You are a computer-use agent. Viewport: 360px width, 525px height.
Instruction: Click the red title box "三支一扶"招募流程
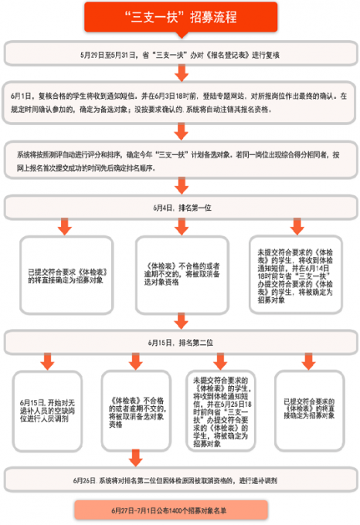pyautogui.click(x=180, y=16)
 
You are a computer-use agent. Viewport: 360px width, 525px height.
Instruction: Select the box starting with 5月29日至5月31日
pyautogui.click(x=180, y=54)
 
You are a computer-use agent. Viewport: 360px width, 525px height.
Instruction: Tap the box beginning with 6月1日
pyautogui.click(x=180, y=103)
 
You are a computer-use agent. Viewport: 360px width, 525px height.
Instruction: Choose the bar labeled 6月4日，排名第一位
pyautogui.click(x=180, y=208)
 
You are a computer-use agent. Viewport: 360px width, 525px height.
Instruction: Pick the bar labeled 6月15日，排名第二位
pyautogui.click(x=180, y=341)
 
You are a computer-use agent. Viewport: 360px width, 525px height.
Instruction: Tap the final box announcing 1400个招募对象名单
pyautogui.click(x=180, y=511)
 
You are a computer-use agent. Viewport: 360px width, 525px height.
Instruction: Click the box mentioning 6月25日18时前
pyautogui.click(x=219, y=415)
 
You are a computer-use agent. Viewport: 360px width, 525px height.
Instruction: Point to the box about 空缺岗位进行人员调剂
pyautogui.click(x=47, y=415)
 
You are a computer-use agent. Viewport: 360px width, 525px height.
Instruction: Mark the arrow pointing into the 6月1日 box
pyautogui.click(x=181, y=73)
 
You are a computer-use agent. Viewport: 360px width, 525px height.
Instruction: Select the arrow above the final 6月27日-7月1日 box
pyautogui.click(x=181, y=496)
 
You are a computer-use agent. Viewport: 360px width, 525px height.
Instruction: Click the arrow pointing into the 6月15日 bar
pyautogui.click(x=181, y=322)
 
